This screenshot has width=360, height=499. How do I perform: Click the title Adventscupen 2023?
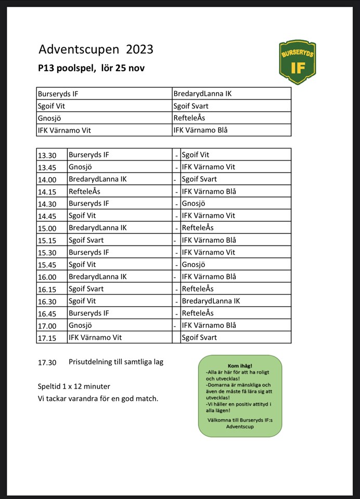96,49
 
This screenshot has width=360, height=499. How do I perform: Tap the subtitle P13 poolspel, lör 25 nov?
91,68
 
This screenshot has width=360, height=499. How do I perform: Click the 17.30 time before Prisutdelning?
47,362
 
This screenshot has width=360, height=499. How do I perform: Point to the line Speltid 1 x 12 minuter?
74,387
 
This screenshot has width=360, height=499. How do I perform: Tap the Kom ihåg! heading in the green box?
240,366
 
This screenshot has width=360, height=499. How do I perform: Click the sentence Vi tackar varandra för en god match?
98,399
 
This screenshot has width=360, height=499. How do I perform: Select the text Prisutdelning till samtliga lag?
115,362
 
